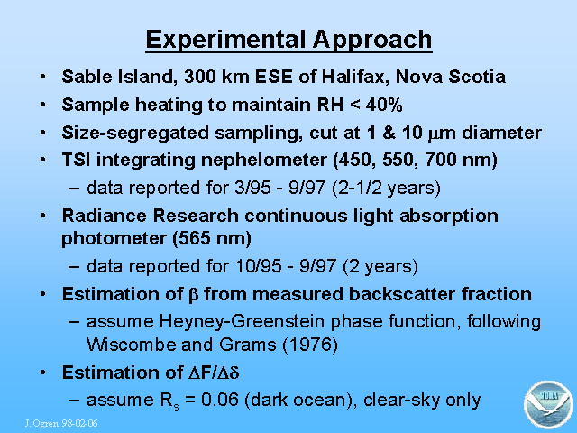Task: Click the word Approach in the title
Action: tap(372, 41)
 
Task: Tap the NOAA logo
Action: tap(548, 405)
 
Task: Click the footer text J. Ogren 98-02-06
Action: tap(61, 423)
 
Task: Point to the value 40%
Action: tap(384, 105)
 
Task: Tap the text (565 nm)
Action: tap(212, 238)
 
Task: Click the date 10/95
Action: tap(259, 266)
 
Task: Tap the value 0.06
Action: tap(220, 401)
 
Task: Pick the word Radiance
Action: tap(105, 216)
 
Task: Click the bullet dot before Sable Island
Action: tap(43, 77)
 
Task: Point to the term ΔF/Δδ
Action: tap(214, 373)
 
